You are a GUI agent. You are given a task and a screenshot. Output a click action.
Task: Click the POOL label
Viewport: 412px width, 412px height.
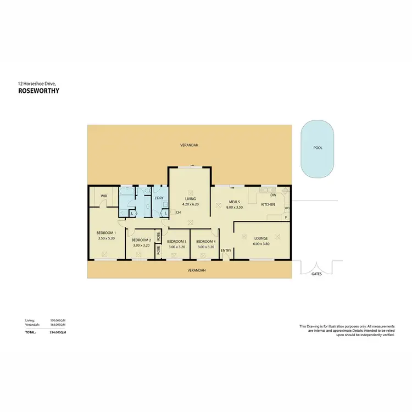[318, 148]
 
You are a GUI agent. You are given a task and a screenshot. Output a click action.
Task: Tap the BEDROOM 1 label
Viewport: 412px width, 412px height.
[107, 233]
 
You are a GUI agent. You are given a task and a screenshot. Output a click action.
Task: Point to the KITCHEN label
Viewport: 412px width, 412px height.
[268, 204]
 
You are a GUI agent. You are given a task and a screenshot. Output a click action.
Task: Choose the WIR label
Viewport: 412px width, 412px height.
[103, 196]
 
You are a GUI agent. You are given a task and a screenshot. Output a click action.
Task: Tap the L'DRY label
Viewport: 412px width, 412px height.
[159, 198]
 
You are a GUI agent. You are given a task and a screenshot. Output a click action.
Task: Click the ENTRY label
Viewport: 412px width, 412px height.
[226, 251]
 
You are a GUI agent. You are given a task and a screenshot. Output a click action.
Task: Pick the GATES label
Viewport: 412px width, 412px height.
[316, 273]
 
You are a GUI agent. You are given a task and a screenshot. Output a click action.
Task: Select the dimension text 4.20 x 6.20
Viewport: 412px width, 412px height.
[190, 204]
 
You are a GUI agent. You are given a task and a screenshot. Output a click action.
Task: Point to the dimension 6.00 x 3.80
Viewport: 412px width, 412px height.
[261, 244]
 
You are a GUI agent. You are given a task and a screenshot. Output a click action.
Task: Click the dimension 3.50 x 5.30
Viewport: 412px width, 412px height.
[107, 238]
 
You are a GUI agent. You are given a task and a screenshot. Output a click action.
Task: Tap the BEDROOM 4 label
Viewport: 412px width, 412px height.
[206, 241]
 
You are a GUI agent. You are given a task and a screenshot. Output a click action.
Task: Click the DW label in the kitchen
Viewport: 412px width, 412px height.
[273, 195]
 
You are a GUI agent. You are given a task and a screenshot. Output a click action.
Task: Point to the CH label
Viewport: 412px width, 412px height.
[179, 212]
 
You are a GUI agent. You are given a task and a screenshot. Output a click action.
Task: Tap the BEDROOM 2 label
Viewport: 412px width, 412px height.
[141, 240]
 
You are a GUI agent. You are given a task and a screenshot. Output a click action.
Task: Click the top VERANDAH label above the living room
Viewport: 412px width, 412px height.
[189, 146]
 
